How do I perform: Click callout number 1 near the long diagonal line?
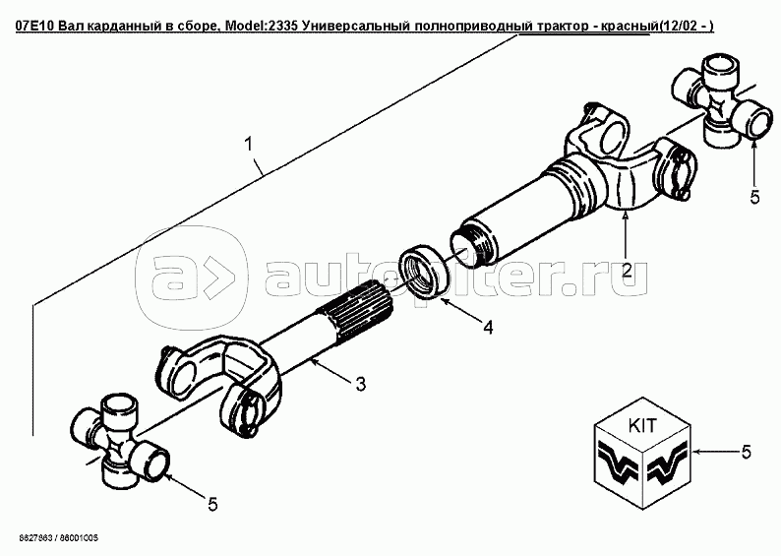click(248, 145)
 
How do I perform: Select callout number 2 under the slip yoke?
click(627, 270)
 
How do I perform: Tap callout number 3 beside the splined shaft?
click(360, 384)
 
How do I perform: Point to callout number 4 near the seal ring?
click(487, 327)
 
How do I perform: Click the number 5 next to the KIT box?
click(746, 452)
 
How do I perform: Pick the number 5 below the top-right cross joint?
click(754, 197)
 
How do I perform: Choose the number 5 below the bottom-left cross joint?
click(212, 505)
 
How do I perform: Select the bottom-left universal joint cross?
click(121, 441)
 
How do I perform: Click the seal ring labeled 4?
click(422, 272)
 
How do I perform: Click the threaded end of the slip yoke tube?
click(473, 244)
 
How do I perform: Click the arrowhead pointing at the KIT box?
click(695, 452)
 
